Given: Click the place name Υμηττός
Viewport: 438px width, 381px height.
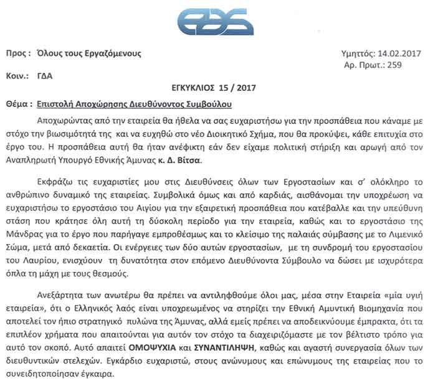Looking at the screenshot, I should pos(358,55).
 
